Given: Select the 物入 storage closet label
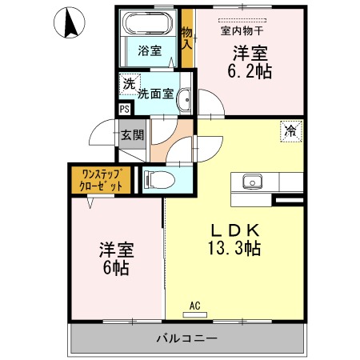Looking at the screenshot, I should point(187,38).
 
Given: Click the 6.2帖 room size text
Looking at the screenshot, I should point(251,70).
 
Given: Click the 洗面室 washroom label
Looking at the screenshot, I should point(156,92).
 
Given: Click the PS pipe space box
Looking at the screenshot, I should point(124,110).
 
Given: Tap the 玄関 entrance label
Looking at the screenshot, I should point(132,134).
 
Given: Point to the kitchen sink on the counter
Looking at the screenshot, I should point(252,181).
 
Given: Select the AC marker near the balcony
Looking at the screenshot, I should point(195,305).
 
